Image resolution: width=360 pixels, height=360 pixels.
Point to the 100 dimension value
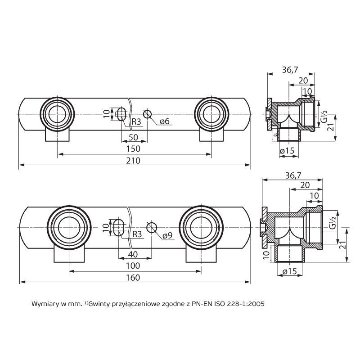tap(133, 265)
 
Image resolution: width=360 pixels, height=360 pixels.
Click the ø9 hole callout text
tap(167, 235)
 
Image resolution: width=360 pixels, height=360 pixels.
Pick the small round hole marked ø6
tap(148, 114)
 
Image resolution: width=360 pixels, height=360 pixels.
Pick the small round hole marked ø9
tap(152, 227)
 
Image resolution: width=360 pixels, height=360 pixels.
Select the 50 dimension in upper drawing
tap(133, 137)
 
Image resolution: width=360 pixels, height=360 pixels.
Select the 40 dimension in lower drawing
tap(133, 253)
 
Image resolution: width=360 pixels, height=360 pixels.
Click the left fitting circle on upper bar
tap(57, 114)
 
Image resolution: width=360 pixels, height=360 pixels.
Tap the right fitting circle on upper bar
tap(211, 114)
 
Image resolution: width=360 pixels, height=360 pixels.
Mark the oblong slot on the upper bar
tap(121, 114)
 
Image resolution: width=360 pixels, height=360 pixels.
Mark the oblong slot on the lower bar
tap(119, 227)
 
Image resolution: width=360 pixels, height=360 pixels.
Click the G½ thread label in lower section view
tap(332, 223)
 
